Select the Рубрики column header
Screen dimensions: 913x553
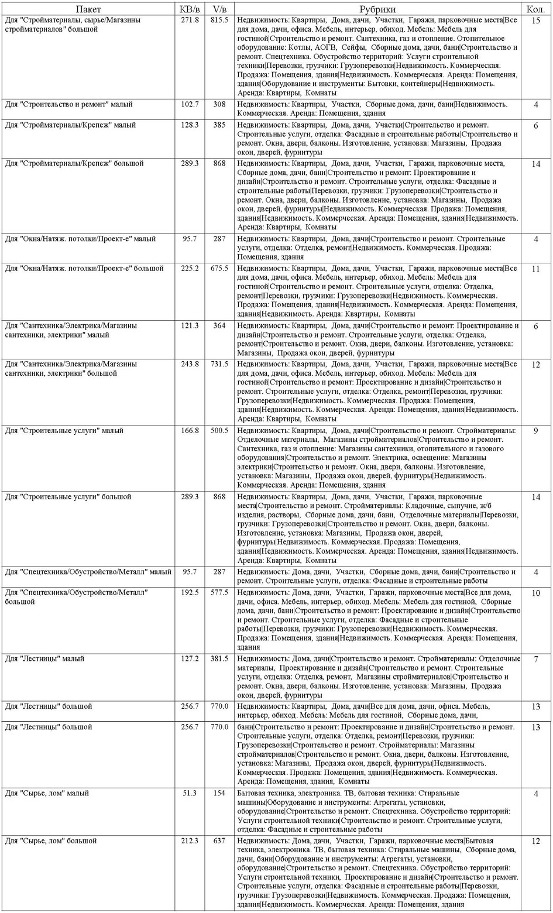click(377, 9)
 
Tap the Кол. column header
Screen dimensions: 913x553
click(536, 9)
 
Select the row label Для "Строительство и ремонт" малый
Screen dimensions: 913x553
click(69, 105)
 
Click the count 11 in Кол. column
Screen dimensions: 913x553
click(536, 269)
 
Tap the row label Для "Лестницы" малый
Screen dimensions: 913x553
click(45, 659)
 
